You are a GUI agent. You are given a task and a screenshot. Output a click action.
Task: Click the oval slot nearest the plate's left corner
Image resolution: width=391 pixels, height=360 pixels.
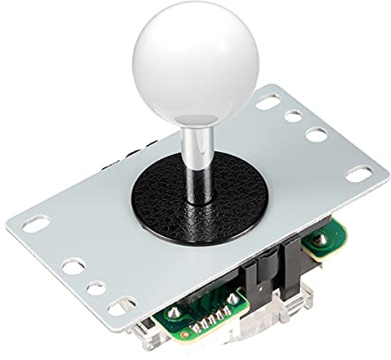pyautogui.click(x=36, y=224)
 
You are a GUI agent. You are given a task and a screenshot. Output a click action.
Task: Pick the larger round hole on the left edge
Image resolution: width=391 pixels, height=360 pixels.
pyautogui.click(x=73, y=265)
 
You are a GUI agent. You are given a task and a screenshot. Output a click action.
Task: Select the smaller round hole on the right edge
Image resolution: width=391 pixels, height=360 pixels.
pyautogui.click(x=294, y=116)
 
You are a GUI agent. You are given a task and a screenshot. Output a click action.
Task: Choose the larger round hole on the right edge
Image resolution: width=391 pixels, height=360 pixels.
pyautogui.click(x=316, y=135)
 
